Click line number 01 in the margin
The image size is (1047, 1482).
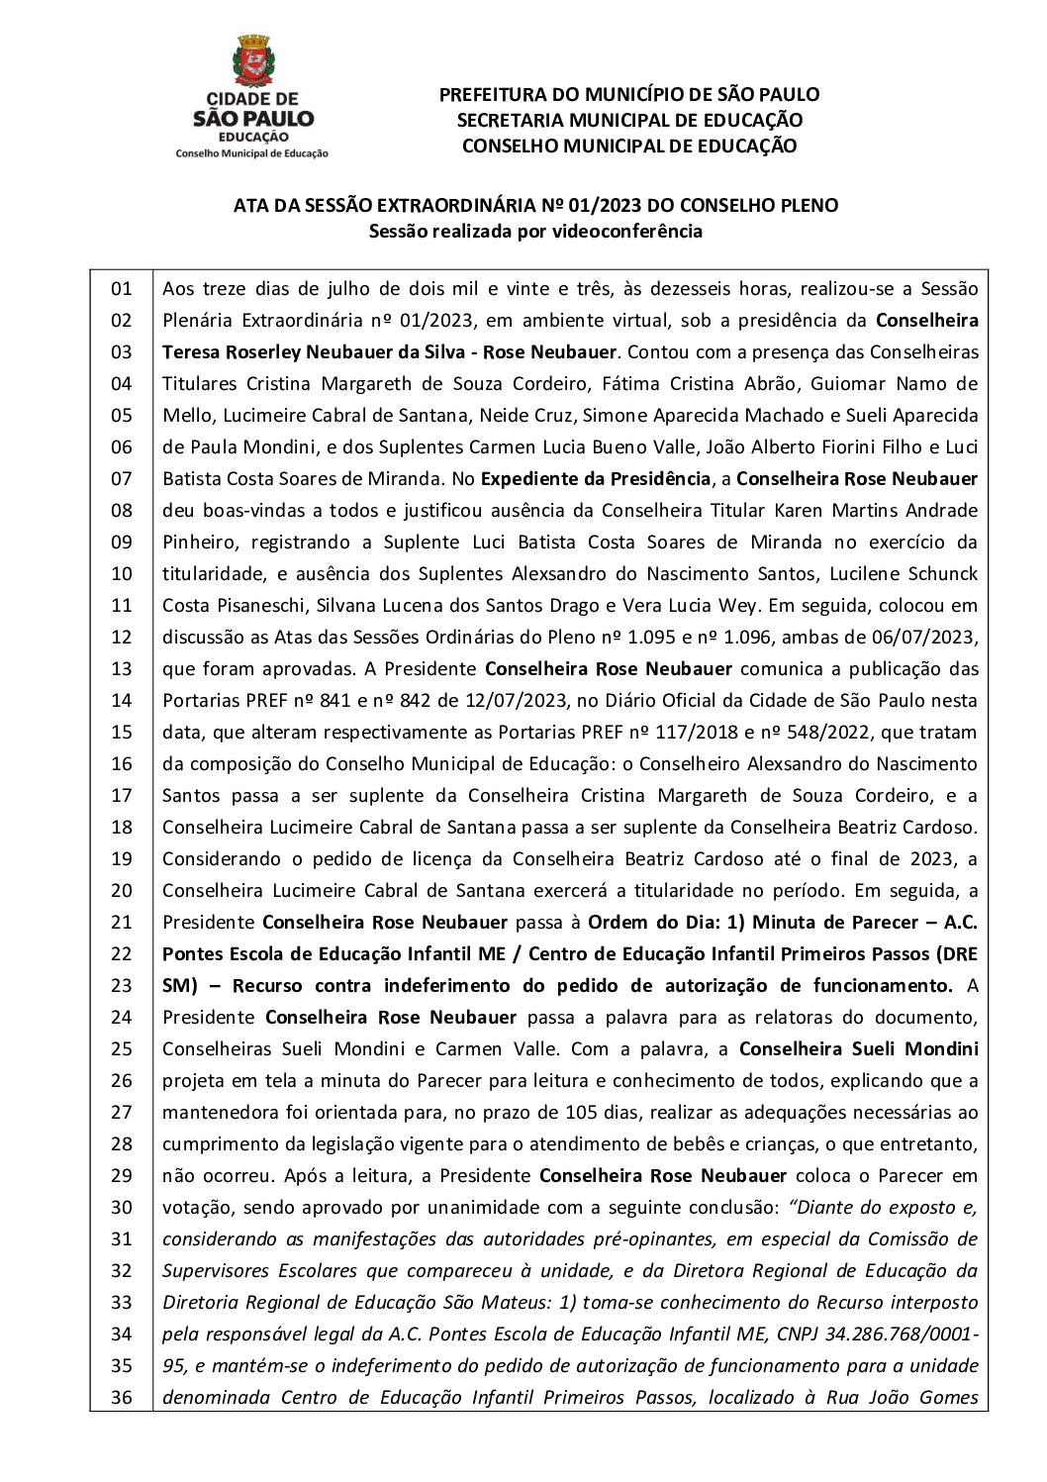(121, 289)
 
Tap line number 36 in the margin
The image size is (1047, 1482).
(121, 1397)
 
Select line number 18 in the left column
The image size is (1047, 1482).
(121, 827)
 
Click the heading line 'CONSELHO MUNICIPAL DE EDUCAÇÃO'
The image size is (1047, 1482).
(629, 146)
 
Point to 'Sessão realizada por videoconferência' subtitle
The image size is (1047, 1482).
(535, 232)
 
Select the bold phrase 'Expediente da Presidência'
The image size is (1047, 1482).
(597, 479)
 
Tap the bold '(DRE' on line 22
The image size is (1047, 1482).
(955, 953)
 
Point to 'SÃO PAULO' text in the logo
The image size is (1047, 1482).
(252, 118)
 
